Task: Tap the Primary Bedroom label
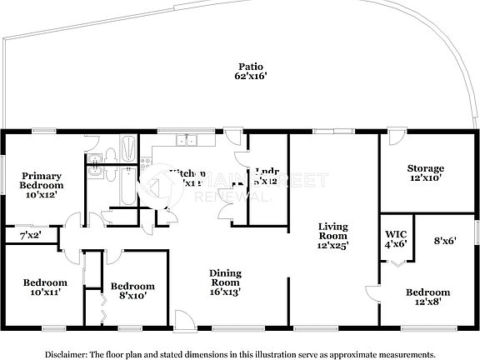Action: (x=42, y=185)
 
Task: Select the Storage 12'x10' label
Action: (x=425, y=172)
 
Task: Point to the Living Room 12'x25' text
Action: (x=332, y=235)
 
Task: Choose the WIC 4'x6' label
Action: (x=395, y=237)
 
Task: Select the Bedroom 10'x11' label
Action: (x=45, y=287)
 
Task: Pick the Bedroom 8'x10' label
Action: (x=132, y=288)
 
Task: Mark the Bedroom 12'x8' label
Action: (x=427, y=297)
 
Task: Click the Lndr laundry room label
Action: (x=267, y=174)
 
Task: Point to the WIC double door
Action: (x=396, y=262)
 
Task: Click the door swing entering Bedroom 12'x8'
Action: (x=372, y=292)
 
